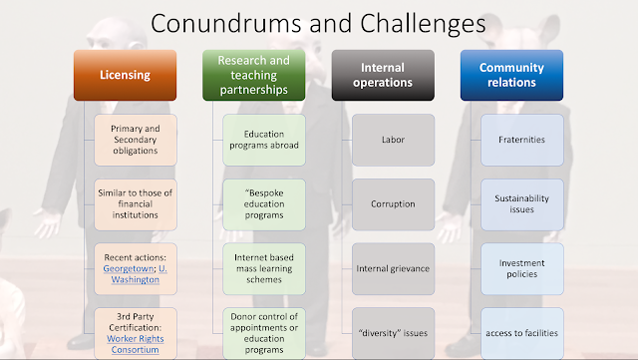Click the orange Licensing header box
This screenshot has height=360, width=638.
point(125,76)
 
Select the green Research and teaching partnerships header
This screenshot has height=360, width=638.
point(254,76)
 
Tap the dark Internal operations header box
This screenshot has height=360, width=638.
point(383,76)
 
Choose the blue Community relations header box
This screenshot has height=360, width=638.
point(511,76)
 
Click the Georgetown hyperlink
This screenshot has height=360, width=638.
point(129,269)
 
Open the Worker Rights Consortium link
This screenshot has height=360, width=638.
point(136,344)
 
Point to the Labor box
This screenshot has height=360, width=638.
point(393,140)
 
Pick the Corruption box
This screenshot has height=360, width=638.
point(393,204)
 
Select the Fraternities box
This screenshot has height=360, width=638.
point(522,140)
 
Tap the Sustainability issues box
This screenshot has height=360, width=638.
point(522,204)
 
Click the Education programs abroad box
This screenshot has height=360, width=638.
point(264,140)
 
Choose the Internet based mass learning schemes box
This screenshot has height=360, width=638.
point(264,269)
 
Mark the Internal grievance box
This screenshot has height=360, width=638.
point(393,269)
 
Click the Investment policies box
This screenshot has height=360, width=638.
point(522,269)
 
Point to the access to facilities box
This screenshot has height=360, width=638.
point(522,333)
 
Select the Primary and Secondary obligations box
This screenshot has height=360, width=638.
point(136,140)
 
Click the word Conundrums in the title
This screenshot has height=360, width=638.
point(226,23)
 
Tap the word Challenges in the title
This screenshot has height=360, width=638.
point(423,25)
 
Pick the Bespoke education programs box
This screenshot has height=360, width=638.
point(264,204)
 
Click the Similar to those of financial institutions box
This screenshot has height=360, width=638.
point(136,204)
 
